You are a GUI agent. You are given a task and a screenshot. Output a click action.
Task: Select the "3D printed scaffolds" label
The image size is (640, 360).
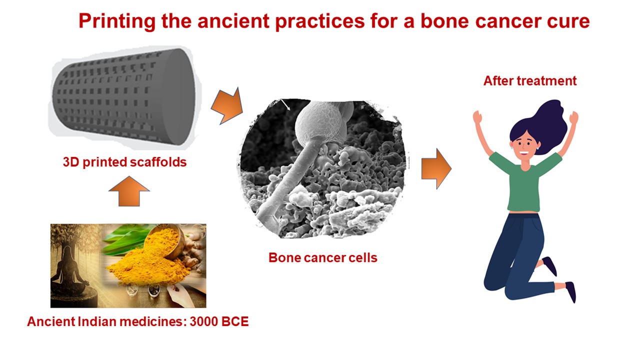pos(124,162)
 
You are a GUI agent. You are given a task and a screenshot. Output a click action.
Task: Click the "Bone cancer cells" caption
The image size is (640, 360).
pos(323,257)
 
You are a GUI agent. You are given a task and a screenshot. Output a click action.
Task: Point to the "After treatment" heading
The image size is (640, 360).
pos(530,81)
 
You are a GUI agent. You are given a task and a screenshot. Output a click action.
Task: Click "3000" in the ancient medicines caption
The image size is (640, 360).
pos(204,321)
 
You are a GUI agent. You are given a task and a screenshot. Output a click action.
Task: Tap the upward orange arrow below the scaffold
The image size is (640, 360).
pos(129,191)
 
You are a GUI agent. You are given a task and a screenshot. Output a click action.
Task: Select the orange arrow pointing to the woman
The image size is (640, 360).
pos(436,169)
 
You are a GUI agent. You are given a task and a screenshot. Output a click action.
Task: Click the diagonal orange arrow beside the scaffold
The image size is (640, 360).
pos(227,105)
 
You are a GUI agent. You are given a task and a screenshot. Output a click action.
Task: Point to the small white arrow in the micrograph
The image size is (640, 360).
pos(285,104)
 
